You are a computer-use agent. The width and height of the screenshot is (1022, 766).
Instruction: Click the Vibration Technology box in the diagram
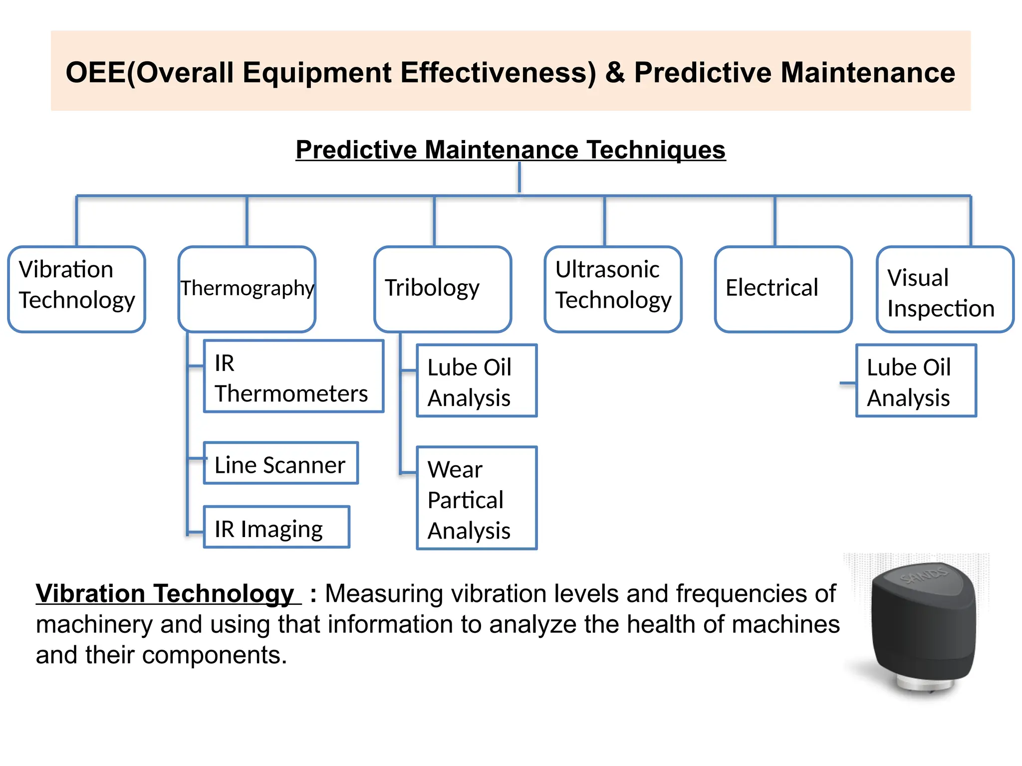(x=76, y=289)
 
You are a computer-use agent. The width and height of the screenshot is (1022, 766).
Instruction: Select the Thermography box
(x=247, y=289)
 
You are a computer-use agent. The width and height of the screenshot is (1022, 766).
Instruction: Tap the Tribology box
(x=442, y=289)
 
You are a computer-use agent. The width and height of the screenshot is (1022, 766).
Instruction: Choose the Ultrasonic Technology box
(x=613, y=289)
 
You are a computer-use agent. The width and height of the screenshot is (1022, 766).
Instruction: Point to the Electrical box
(x=782, y=289)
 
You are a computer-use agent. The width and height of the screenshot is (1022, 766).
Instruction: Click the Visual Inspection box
(x=945, y=289)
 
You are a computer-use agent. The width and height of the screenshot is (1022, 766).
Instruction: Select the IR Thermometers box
(x=293, y=377)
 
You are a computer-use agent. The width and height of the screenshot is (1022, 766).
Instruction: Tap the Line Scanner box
(x=280, y=463)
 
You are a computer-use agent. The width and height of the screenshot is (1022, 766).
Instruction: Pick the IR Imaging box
(x=276, y=527)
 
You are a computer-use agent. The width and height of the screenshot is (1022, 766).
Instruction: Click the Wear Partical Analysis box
(x=476, y=498)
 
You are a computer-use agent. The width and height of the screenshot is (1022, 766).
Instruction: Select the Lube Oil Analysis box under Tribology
(x=476, y=381)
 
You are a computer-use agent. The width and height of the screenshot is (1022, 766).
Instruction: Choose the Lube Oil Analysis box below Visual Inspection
(x=916, y=381)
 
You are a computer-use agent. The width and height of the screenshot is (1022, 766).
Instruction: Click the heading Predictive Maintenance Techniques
(x=510, y=150)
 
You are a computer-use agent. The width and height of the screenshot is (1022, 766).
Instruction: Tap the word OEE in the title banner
(x=95, y=73)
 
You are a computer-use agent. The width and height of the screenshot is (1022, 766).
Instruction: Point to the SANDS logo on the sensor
(x=924, y=577)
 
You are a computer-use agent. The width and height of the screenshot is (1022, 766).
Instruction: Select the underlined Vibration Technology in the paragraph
(x=165, y=594)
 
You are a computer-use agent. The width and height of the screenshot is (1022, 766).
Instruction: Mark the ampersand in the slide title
(x=615, y=73)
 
